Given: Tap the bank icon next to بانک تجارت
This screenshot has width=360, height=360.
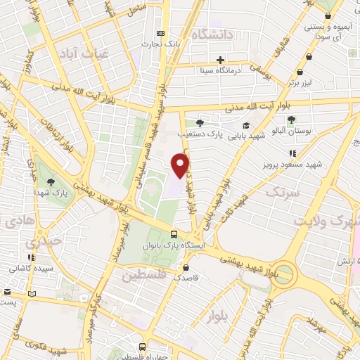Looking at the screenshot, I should click(x=162, y=33).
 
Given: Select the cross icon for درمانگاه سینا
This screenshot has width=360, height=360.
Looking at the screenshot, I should click(x=221, y=60).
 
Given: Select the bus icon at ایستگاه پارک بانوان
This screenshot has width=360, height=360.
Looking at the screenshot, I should click(x=174, y=235).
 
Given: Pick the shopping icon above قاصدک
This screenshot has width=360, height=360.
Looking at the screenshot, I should click(x=185, y=268).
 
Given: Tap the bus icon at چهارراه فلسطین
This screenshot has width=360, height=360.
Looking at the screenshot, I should click(x=143, y=347).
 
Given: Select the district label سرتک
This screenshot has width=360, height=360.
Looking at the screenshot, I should click(x=283, y=191).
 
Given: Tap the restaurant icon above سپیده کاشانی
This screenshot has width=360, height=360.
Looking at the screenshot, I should click(x=30, y=258).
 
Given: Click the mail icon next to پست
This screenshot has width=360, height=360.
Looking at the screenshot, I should click(x=31, y=294).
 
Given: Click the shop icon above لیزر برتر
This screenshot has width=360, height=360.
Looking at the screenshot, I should click(x=300, y=71).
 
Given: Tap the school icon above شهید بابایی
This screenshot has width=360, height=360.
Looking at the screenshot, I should click(x=246, y=125).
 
